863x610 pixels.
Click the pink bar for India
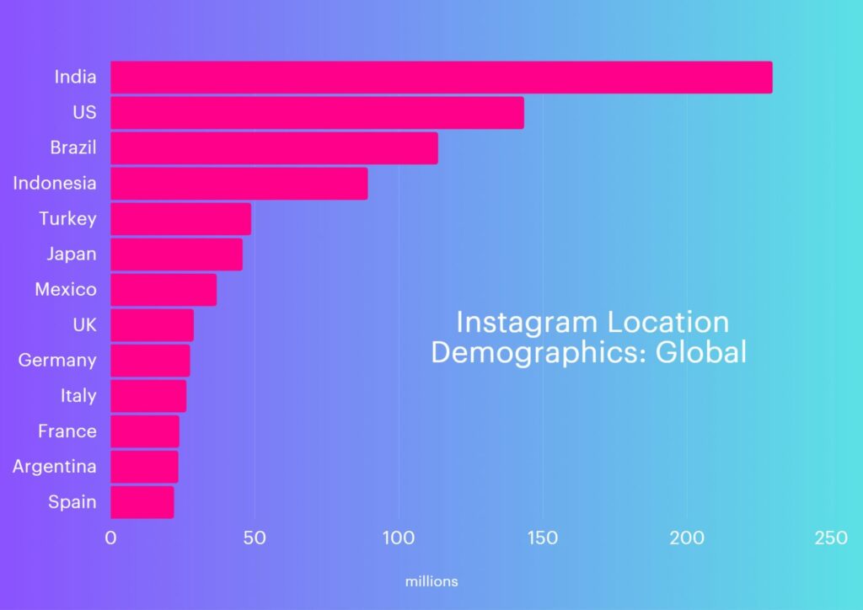441,78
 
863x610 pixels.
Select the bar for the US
317,113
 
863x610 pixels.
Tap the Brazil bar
274,148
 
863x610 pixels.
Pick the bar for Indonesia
239,184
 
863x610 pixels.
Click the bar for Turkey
180,219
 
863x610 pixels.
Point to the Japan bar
176,254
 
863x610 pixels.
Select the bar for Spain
142,502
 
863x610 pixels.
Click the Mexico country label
66,290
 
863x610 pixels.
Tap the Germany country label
57,361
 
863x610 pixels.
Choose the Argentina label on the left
55,467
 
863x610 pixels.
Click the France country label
67,431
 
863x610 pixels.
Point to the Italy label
78,396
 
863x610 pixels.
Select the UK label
85,325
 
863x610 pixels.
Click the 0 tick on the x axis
110,538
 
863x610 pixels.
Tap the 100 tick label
398,538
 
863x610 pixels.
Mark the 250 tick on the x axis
830,538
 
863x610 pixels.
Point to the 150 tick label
542,538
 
